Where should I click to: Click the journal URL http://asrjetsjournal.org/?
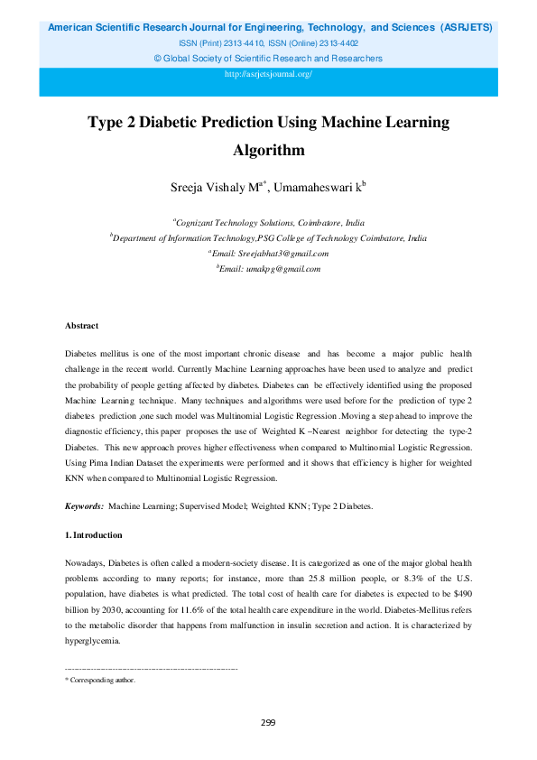(268, 74)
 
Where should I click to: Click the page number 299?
(268, 722)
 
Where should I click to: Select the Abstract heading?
(81, 326)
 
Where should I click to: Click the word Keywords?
(84, 507)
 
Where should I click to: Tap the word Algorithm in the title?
(268, 150)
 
